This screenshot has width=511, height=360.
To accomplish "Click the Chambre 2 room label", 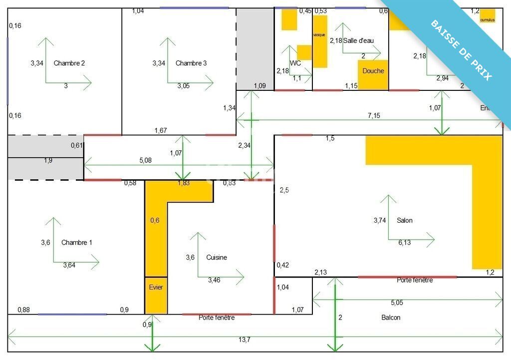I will point(69,63).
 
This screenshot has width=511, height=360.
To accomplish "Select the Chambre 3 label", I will point(191,63).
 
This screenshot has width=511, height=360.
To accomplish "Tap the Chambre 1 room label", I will point(76,243).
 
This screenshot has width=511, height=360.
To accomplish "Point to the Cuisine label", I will point(217,258).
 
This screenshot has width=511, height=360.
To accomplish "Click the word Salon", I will point(405,220).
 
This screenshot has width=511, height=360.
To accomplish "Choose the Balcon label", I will point(391,318).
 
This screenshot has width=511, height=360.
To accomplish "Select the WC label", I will point(295,63).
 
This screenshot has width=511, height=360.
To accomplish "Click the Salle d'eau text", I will point(358,41).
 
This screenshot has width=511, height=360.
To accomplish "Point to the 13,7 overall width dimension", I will point(244,340).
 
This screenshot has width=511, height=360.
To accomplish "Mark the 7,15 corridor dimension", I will point(374,116).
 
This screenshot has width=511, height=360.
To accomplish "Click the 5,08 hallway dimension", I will point(145,161).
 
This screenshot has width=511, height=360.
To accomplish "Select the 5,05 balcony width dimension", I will point(397,303).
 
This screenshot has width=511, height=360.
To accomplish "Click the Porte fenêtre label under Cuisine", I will point(217,318).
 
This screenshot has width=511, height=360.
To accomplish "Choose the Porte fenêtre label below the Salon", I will point(415,280).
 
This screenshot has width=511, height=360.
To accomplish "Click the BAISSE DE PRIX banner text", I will point(461,50).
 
